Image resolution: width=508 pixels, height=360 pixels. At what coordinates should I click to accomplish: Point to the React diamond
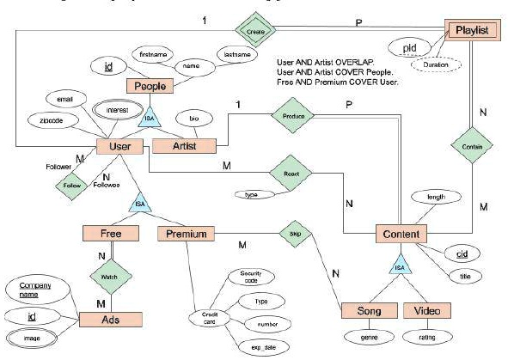pyautogui.click(x=291, y=172)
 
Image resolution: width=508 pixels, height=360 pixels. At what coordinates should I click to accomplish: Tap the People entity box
pyautogui.click(x=150, y=86)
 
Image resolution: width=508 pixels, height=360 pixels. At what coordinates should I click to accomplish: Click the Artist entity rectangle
pyautogui.click(x=182, y=147)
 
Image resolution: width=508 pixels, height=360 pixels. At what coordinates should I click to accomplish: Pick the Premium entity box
pyautogui.click(x=184, y=233)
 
